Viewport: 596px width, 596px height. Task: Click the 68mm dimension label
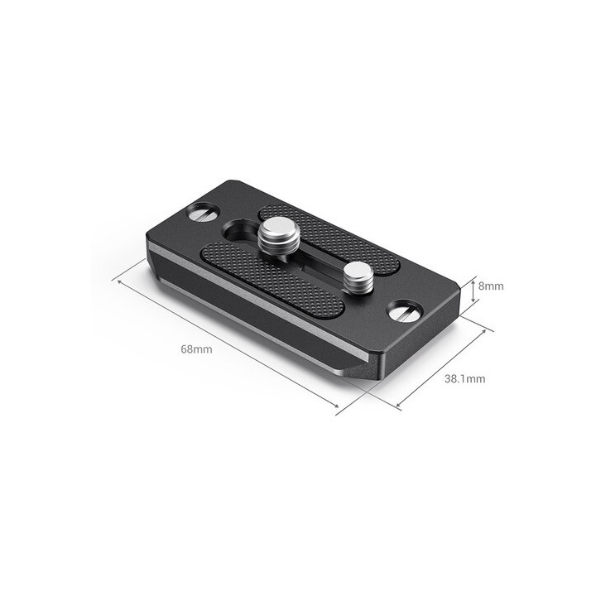point(196,349)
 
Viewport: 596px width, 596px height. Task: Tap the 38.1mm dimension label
point(464,379)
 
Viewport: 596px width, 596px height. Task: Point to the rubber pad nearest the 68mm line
point(272,278)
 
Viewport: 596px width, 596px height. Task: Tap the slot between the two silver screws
point(315,262)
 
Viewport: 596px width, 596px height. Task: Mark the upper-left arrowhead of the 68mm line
point(118,281)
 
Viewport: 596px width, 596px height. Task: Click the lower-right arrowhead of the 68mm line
point(337,406)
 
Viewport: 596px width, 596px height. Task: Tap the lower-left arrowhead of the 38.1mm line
point(398,406)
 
